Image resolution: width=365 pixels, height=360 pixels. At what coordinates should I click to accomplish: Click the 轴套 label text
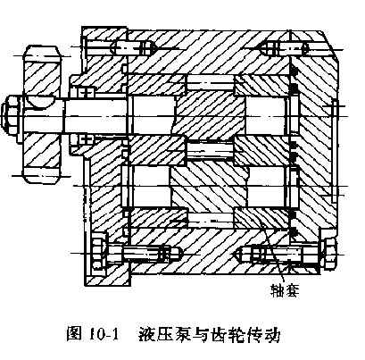pos(284,290)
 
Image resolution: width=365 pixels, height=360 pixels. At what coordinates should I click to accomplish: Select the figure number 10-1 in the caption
pos(104,335)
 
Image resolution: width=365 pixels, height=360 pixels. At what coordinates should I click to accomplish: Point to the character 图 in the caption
pos(74,335)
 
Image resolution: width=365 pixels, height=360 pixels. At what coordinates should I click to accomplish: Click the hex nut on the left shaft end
pos(9,114)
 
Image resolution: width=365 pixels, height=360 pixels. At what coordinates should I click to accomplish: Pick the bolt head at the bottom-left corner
pos(97,254)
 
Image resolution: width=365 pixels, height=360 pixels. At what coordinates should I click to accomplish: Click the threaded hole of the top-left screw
pos(135,47)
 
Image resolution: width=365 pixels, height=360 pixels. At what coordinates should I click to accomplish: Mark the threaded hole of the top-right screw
pos(285,48)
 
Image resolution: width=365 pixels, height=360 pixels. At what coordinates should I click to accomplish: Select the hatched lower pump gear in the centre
pos(209,187)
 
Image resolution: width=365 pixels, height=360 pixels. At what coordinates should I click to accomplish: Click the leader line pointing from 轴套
pos(272,252)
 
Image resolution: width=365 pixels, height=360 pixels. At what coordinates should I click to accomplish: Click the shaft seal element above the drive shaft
pos(86,92)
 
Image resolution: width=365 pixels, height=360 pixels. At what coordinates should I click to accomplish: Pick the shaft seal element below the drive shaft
pos(86,139)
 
